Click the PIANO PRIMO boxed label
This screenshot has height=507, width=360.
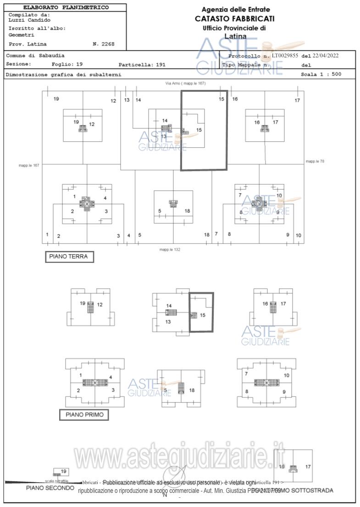(x=84, y=415)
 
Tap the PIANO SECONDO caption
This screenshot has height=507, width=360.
(x=50, y=488)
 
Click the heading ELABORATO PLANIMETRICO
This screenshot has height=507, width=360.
(x=66, y=8)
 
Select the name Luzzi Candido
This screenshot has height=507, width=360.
(x=30, y=20)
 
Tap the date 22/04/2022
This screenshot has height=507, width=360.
(x=326, y=56)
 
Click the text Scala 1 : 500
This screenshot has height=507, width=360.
(x=321, y=74)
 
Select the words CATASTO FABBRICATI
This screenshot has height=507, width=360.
(x=235, y=19)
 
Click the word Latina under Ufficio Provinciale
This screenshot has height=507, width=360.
(x=235, y=36)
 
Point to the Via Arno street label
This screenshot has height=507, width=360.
(x=185, y=84)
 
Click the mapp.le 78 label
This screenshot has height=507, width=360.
(x=315, y=161)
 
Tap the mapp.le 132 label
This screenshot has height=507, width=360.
(x=170, y=250)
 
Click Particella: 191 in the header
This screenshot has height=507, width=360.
(x=142, y=65)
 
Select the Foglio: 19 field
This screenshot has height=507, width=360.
(x=67, y=64)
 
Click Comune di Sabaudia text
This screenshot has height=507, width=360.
(x=35, y=56)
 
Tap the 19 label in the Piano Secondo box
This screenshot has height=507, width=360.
(x=64, y=471)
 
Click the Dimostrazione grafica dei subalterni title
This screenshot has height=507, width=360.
(x=63, y=74)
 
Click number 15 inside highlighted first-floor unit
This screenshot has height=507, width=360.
(x=203, y=315)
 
